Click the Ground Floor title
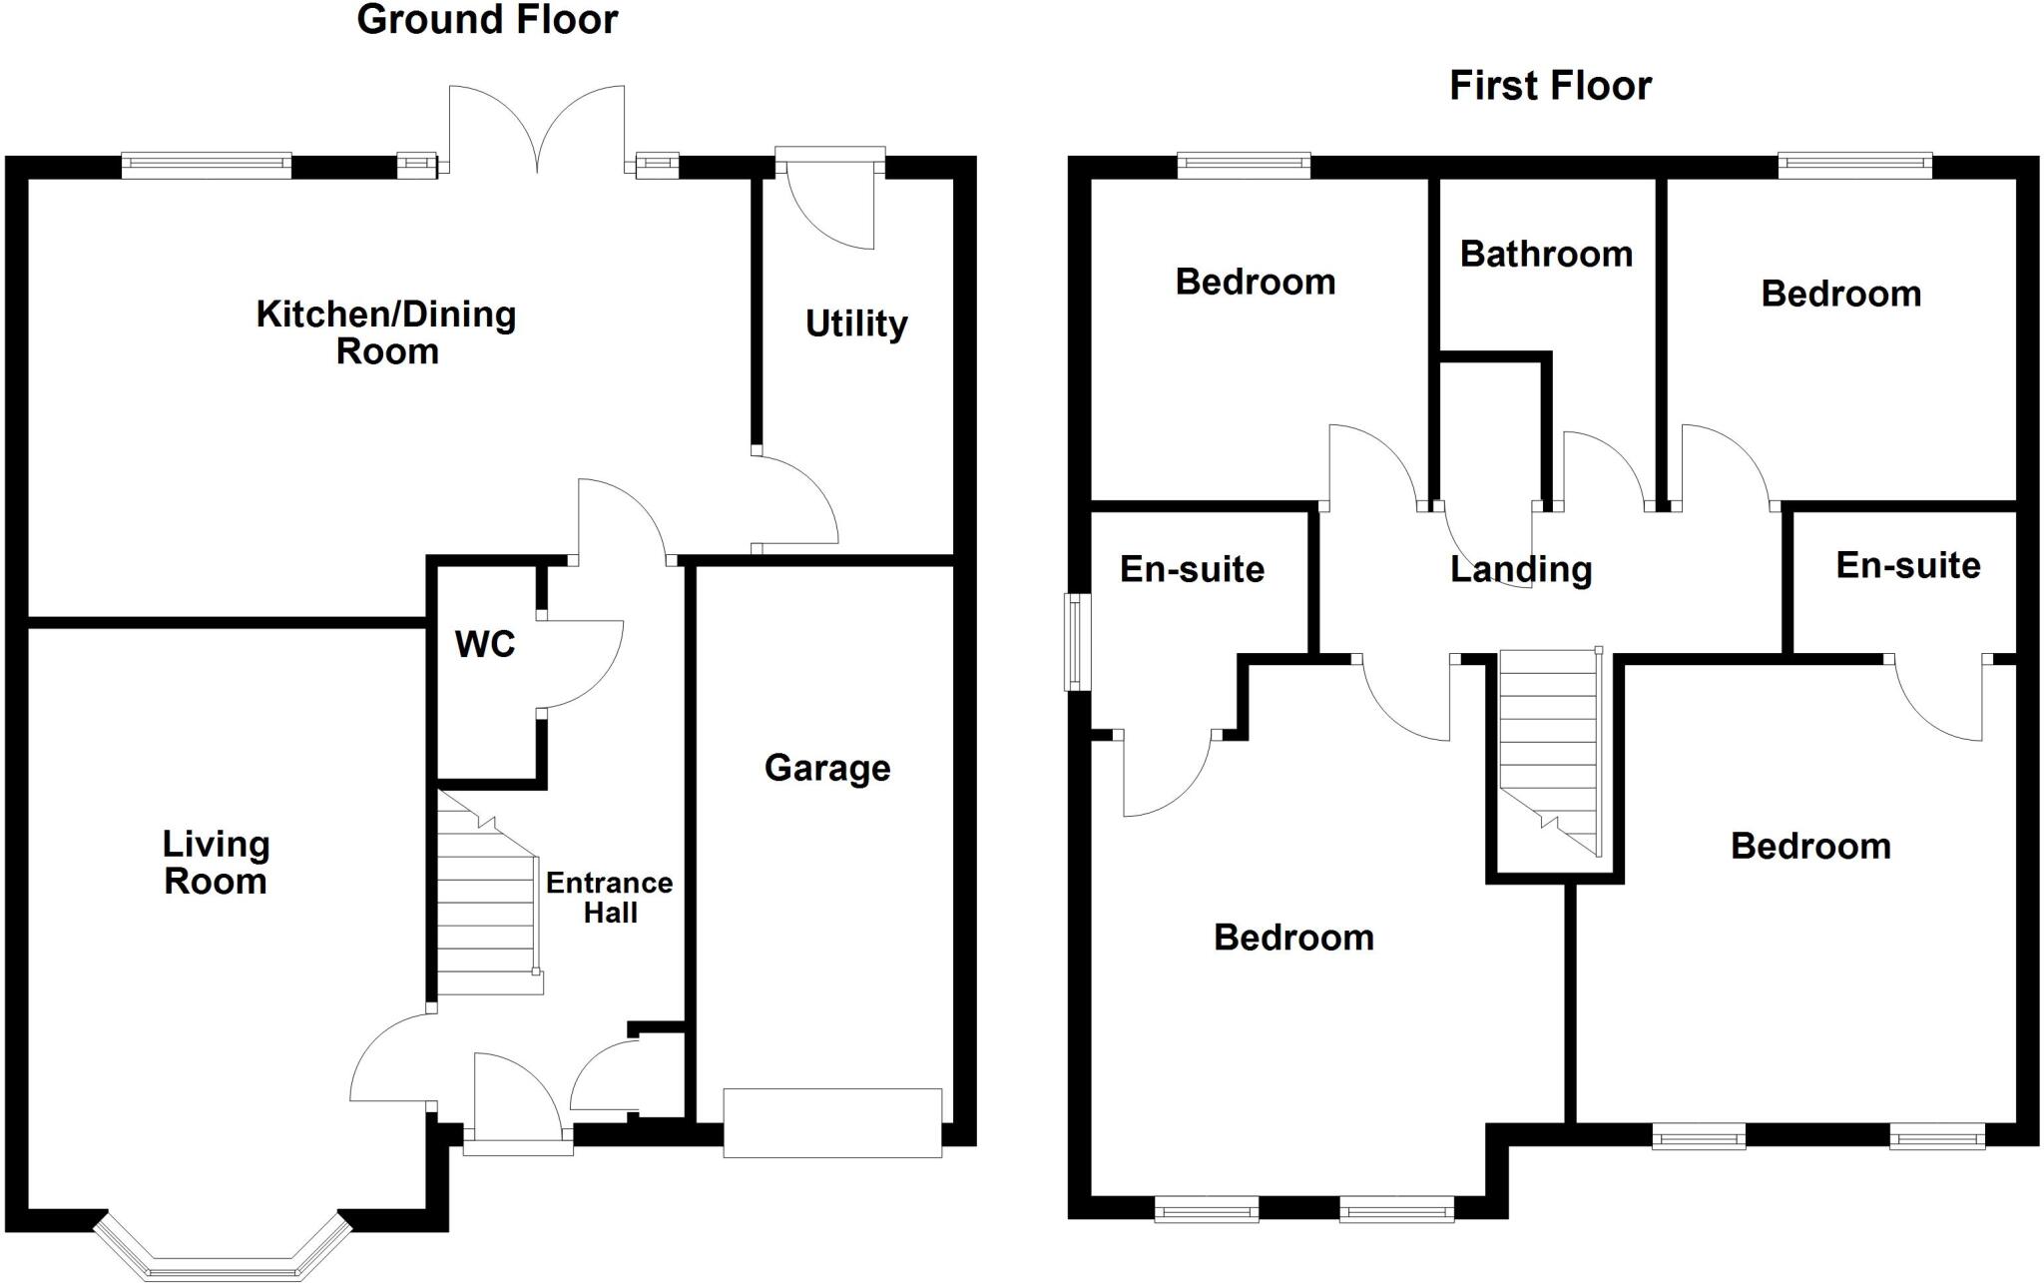tap(487, 20)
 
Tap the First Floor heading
tap(1550, 86)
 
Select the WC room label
tap(485, 644)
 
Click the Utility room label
tap(856, 323)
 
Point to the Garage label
tap(827, 768)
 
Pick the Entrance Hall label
tap(610, 897)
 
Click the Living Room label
tap(216, 863)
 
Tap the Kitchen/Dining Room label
tap(386, 332)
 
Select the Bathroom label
tap(1546, 254)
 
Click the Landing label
tap(1520, 569)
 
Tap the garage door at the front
tap(832, 1123)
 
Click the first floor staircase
tap(1550, 752)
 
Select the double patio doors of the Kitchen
tap(537, 129)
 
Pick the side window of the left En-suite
tap(1077, 642)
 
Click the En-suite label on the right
tap(1907, 565)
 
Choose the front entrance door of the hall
tap(518, 1103)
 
